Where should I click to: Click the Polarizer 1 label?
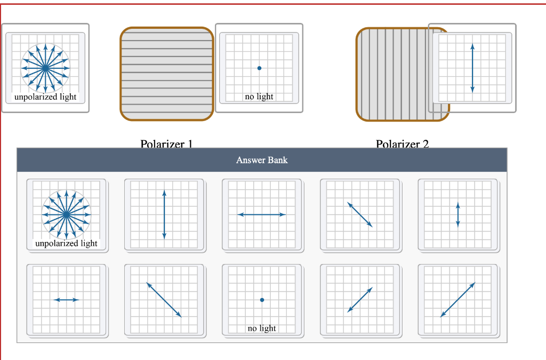click(x=166, y=144)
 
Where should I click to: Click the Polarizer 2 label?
click(x=402, y=144)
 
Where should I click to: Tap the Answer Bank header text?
click(x=262, y=159)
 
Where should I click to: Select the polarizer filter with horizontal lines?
click(x=167, y=74)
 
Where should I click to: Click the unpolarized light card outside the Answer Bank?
click(x=45, y=68)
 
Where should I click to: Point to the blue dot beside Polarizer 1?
click(x=259, y=68)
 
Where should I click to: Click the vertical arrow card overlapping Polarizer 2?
click(x=472, y=68)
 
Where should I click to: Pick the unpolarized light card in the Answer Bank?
click(x=66, y=214)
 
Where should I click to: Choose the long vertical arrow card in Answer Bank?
click(x=164, y=214)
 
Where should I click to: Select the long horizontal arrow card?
click(x=262, y=214)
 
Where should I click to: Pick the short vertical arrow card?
click(x=457, y=214)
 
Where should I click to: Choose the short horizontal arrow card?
click(x=67, y=300)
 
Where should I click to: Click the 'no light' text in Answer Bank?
click(x=262, y=328)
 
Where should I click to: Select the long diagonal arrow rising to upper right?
click(x=457, y=300)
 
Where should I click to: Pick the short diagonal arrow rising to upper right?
click(x=360, y=300)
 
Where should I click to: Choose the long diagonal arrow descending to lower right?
click(x=164, y=300)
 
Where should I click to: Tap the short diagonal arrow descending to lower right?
click(x=360, y=214)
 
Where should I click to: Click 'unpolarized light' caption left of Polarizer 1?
click(x=45, y=97)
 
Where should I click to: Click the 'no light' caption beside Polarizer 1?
click(x=259, y=97)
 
